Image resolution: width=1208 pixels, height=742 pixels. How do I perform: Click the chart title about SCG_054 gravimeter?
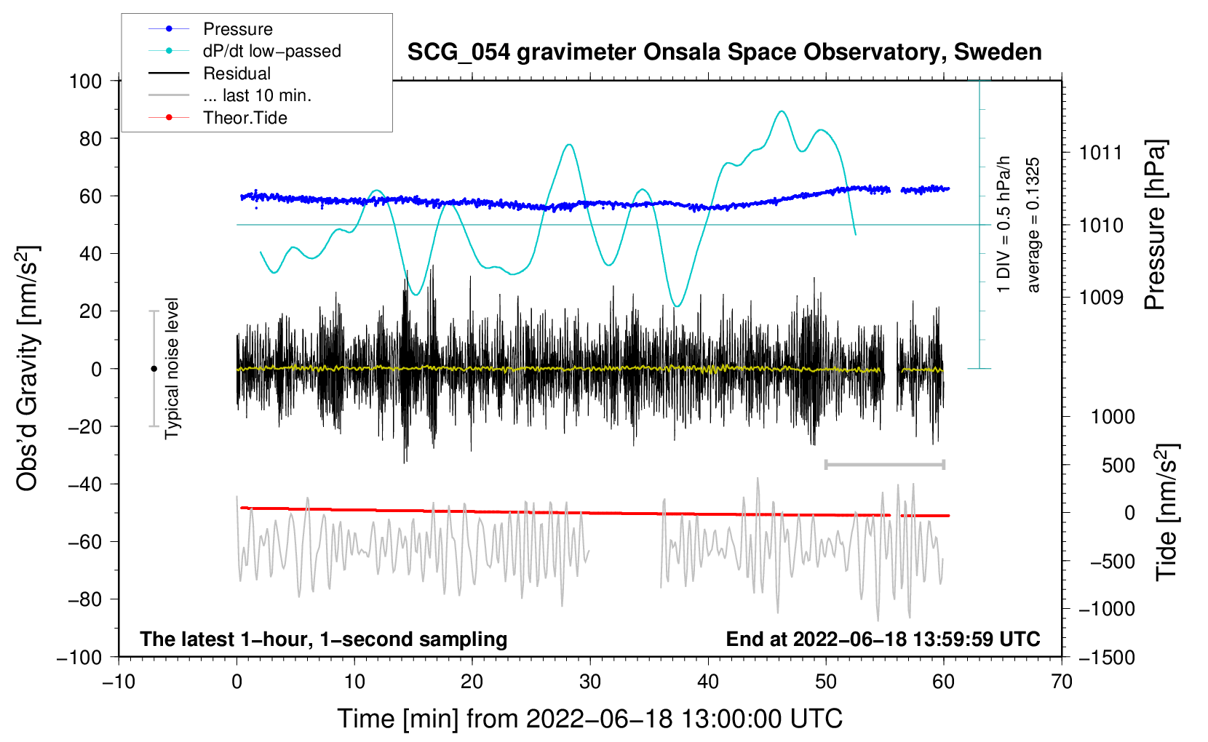tap(724, 52)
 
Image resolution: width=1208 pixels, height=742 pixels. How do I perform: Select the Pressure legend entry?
tap(237, 29)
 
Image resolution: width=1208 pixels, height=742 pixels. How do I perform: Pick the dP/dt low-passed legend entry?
tap(271, 51)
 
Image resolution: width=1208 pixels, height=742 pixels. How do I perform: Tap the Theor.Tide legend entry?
tap(245, 118)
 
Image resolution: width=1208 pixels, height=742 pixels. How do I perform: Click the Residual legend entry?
tap(237, 73)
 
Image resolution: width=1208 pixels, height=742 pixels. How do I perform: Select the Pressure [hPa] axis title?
tap(1155, 225)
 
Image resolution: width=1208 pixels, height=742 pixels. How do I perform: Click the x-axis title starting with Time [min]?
tap(590, 719)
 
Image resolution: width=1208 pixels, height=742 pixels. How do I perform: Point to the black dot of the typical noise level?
tap(154, 369)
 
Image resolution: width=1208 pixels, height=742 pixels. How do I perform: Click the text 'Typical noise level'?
tap(172, 368)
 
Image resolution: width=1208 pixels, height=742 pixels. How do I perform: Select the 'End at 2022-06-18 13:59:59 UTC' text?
tap(883, 639)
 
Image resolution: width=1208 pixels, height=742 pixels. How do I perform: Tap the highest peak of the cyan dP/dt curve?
tap(782, 111)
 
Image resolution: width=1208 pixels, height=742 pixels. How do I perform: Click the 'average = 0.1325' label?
tap(1033, 225)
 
